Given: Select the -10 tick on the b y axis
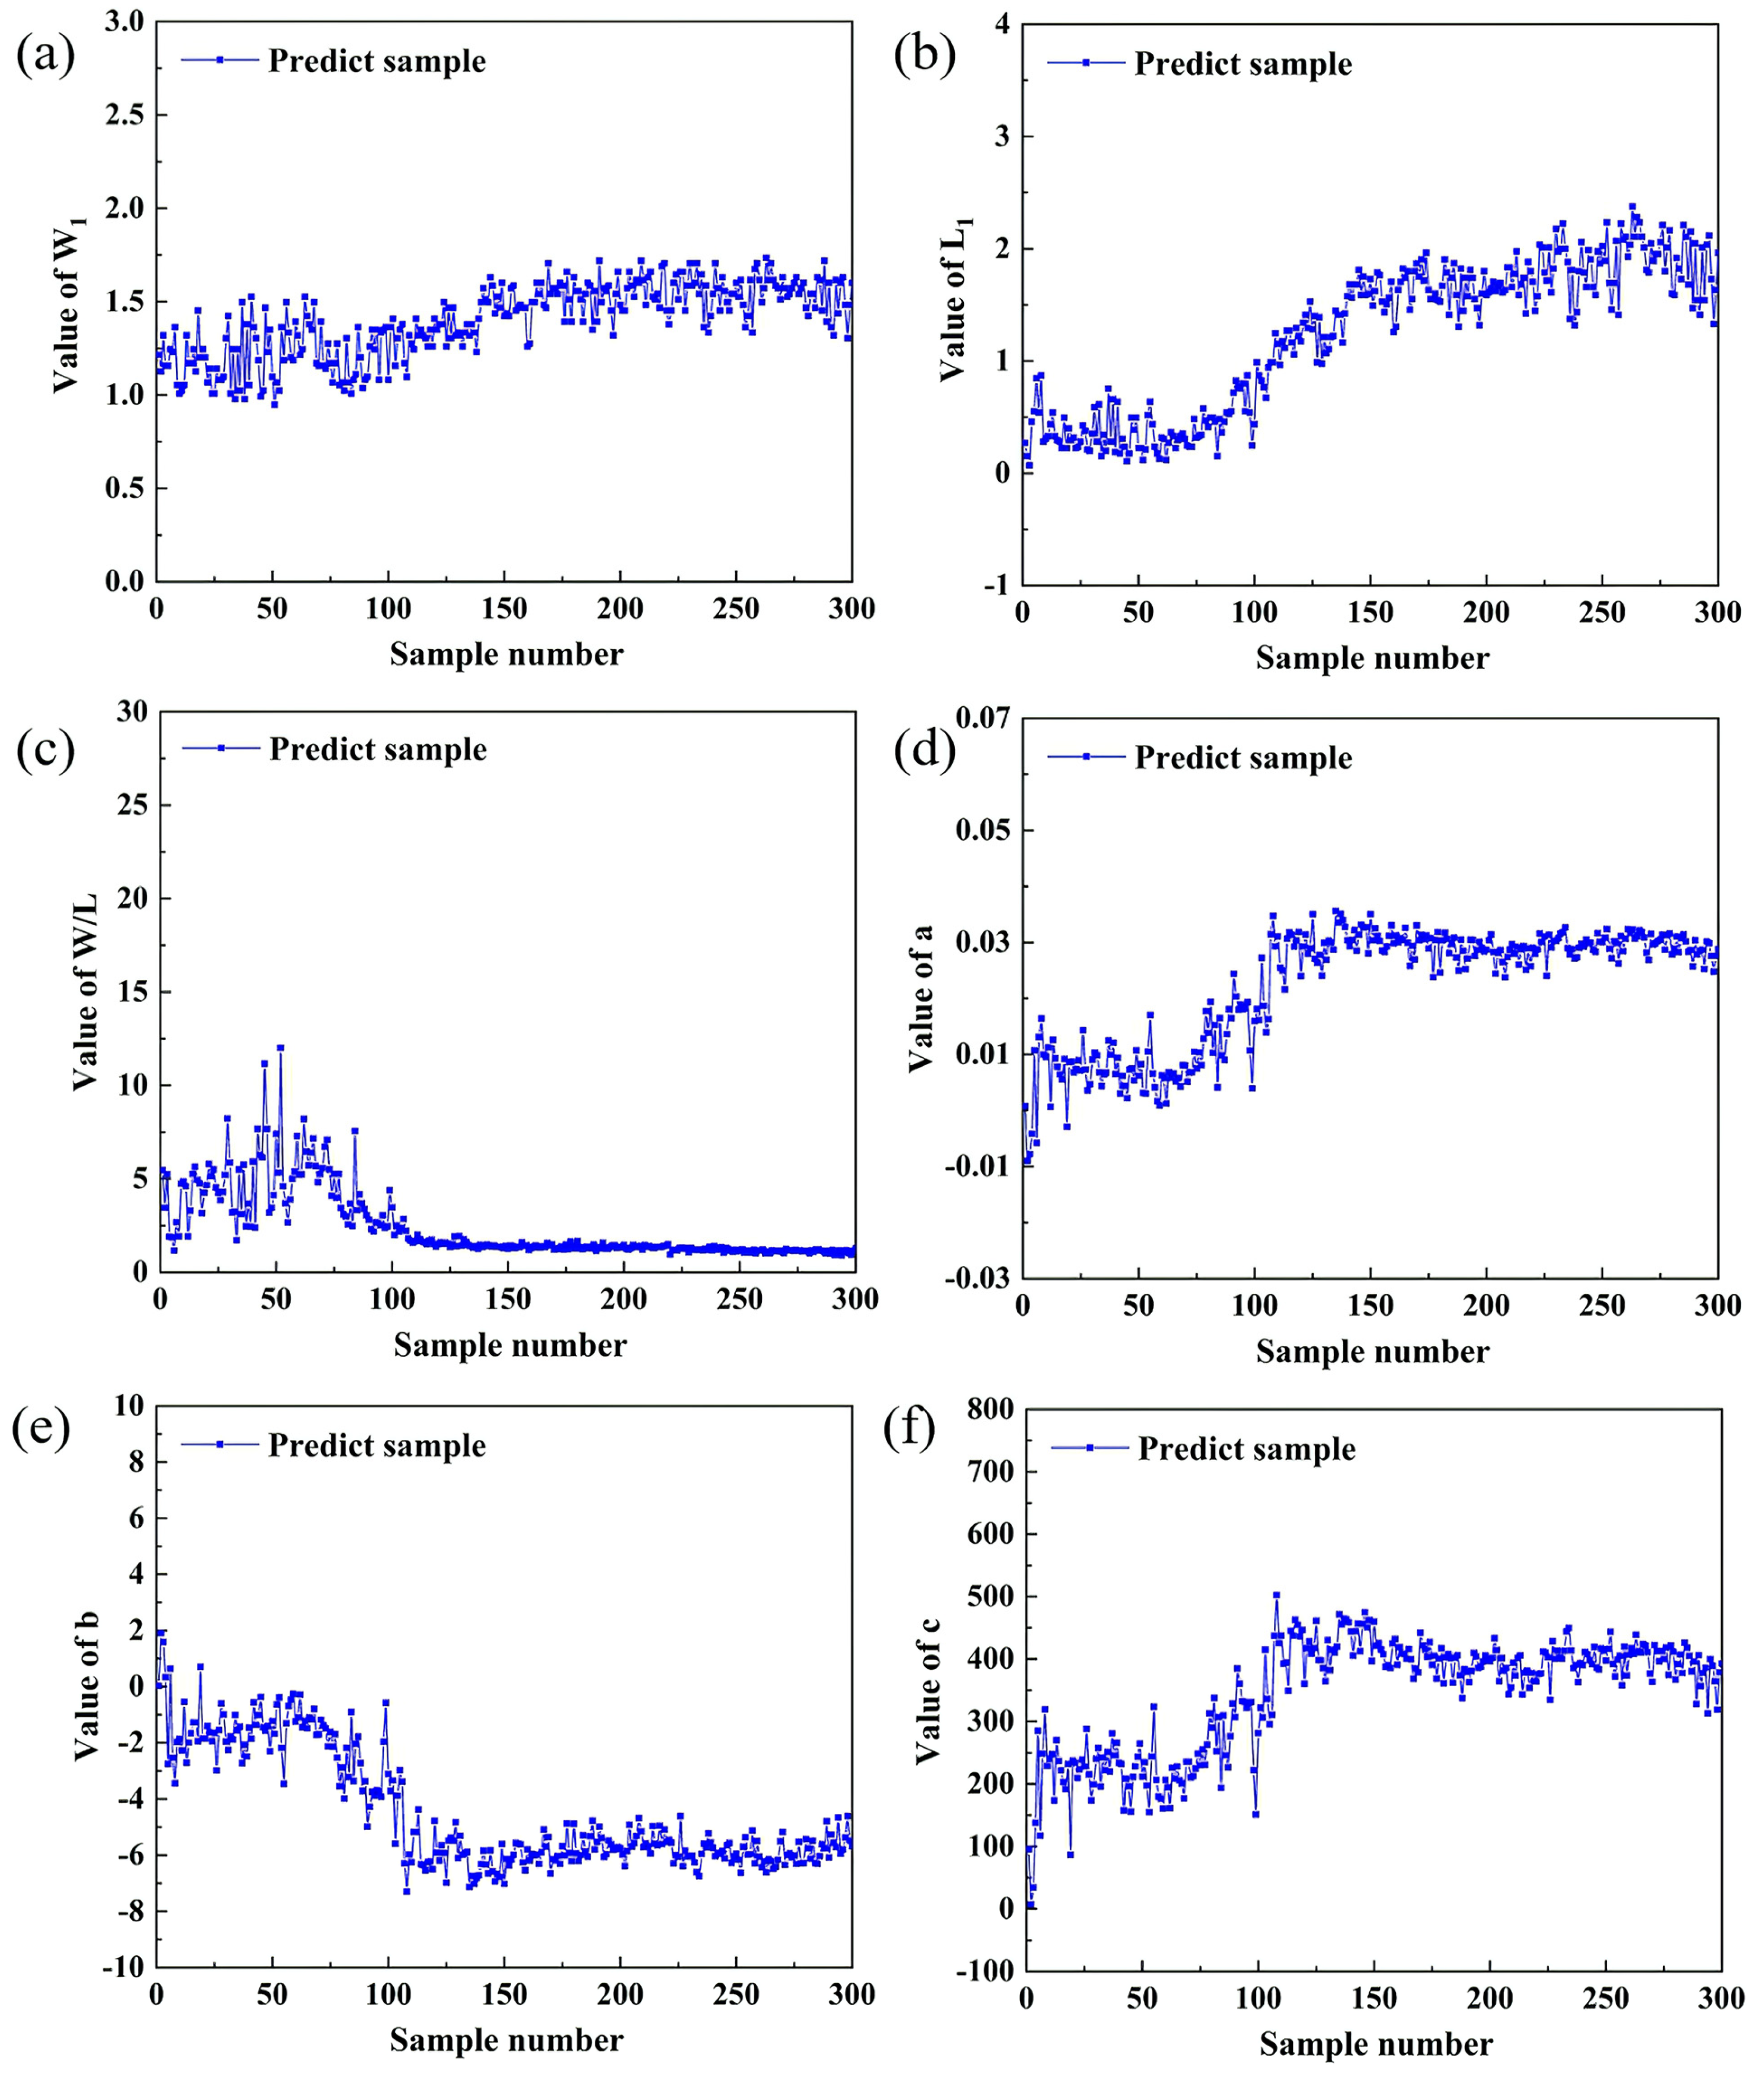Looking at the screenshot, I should tap(123, 1967).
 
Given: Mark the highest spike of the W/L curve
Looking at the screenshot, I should tap(281, 1048).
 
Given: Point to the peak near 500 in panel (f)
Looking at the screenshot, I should tap(1276, 1596).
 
